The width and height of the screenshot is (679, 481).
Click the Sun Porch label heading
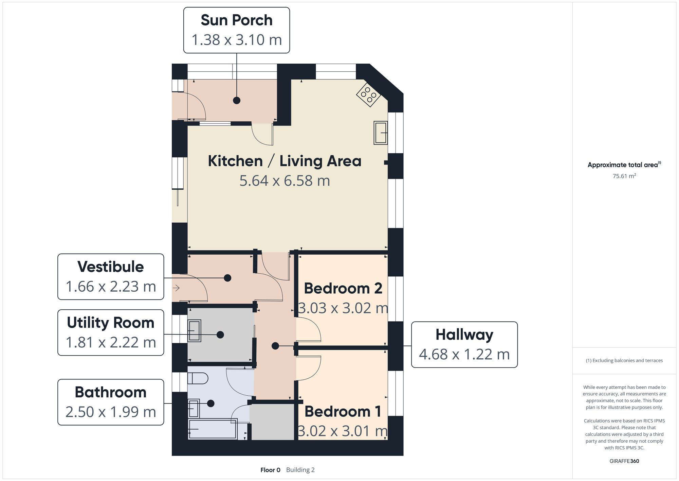coord(237,20)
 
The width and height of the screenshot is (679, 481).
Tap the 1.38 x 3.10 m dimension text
coord(237,40)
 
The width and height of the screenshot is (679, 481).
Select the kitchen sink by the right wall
coord(381,133)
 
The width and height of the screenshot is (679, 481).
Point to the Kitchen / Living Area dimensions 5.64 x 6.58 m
coord(285,181)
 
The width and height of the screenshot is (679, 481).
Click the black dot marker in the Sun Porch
coord(237,100)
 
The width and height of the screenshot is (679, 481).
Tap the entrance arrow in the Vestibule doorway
coord(176,288)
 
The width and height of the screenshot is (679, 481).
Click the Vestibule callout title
coord(111,267)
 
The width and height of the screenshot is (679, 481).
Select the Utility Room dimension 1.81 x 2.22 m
coord(111,343)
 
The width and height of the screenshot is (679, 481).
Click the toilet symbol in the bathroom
coord(198,378)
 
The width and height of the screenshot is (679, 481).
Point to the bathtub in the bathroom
coord(213,429)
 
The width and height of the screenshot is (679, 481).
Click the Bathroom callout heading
coord(111,392)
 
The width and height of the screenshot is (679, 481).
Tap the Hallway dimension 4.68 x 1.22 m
coord(464,355)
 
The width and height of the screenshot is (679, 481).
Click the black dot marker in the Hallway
coord(275,346)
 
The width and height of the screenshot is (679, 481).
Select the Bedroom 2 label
coord(343,289)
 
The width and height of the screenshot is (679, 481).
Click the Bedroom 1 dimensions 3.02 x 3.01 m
coord(343,431)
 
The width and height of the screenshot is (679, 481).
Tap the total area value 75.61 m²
coord(624,176)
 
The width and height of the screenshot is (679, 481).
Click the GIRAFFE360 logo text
coord(624,461)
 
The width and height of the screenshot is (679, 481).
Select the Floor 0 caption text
coord(270,470)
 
